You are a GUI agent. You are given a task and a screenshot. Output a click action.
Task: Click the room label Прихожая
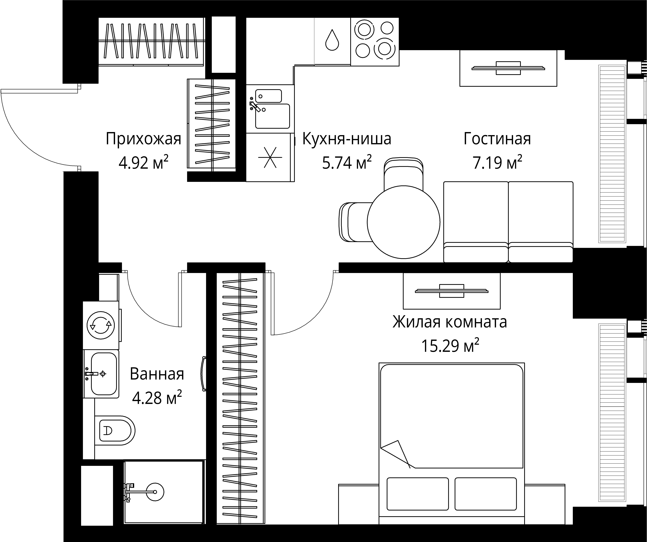pos(143,139)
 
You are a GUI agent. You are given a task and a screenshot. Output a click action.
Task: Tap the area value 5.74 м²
pos(347,162)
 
